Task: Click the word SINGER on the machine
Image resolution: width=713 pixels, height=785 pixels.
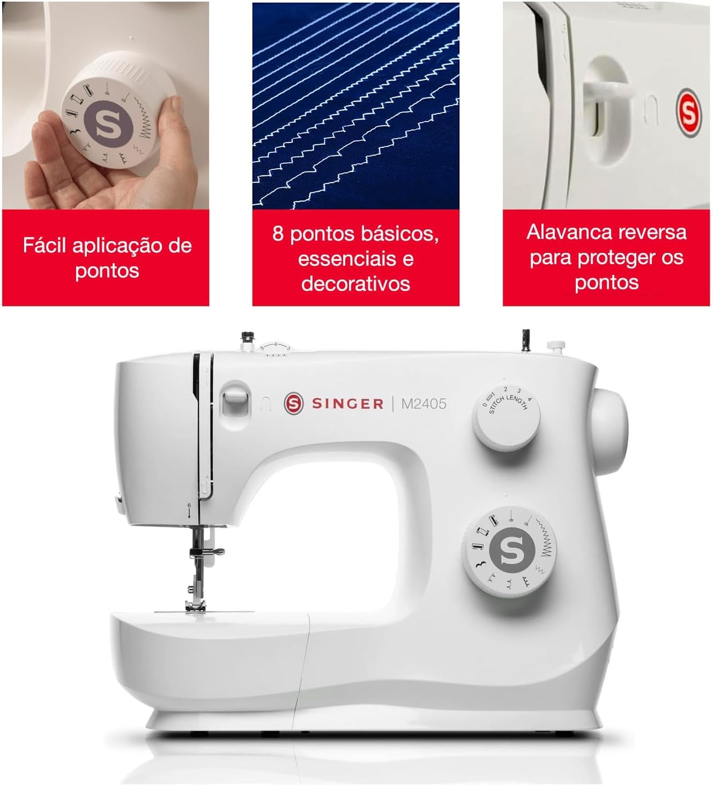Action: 348,403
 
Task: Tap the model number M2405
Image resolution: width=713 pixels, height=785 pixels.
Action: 424,403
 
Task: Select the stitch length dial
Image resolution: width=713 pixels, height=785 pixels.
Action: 506,418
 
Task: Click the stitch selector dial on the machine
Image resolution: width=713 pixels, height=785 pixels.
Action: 509,552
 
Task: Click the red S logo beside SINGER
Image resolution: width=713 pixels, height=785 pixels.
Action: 294,403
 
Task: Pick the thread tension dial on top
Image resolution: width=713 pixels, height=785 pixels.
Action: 276,349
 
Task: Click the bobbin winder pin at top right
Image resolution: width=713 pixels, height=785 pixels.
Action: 555,347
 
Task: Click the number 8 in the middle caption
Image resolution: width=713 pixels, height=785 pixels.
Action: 278,234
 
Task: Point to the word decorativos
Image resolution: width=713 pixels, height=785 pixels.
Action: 355,283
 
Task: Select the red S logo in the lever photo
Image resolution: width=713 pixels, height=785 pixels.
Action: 688,113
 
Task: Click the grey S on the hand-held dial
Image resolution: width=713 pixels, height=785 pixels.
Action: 109,124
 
